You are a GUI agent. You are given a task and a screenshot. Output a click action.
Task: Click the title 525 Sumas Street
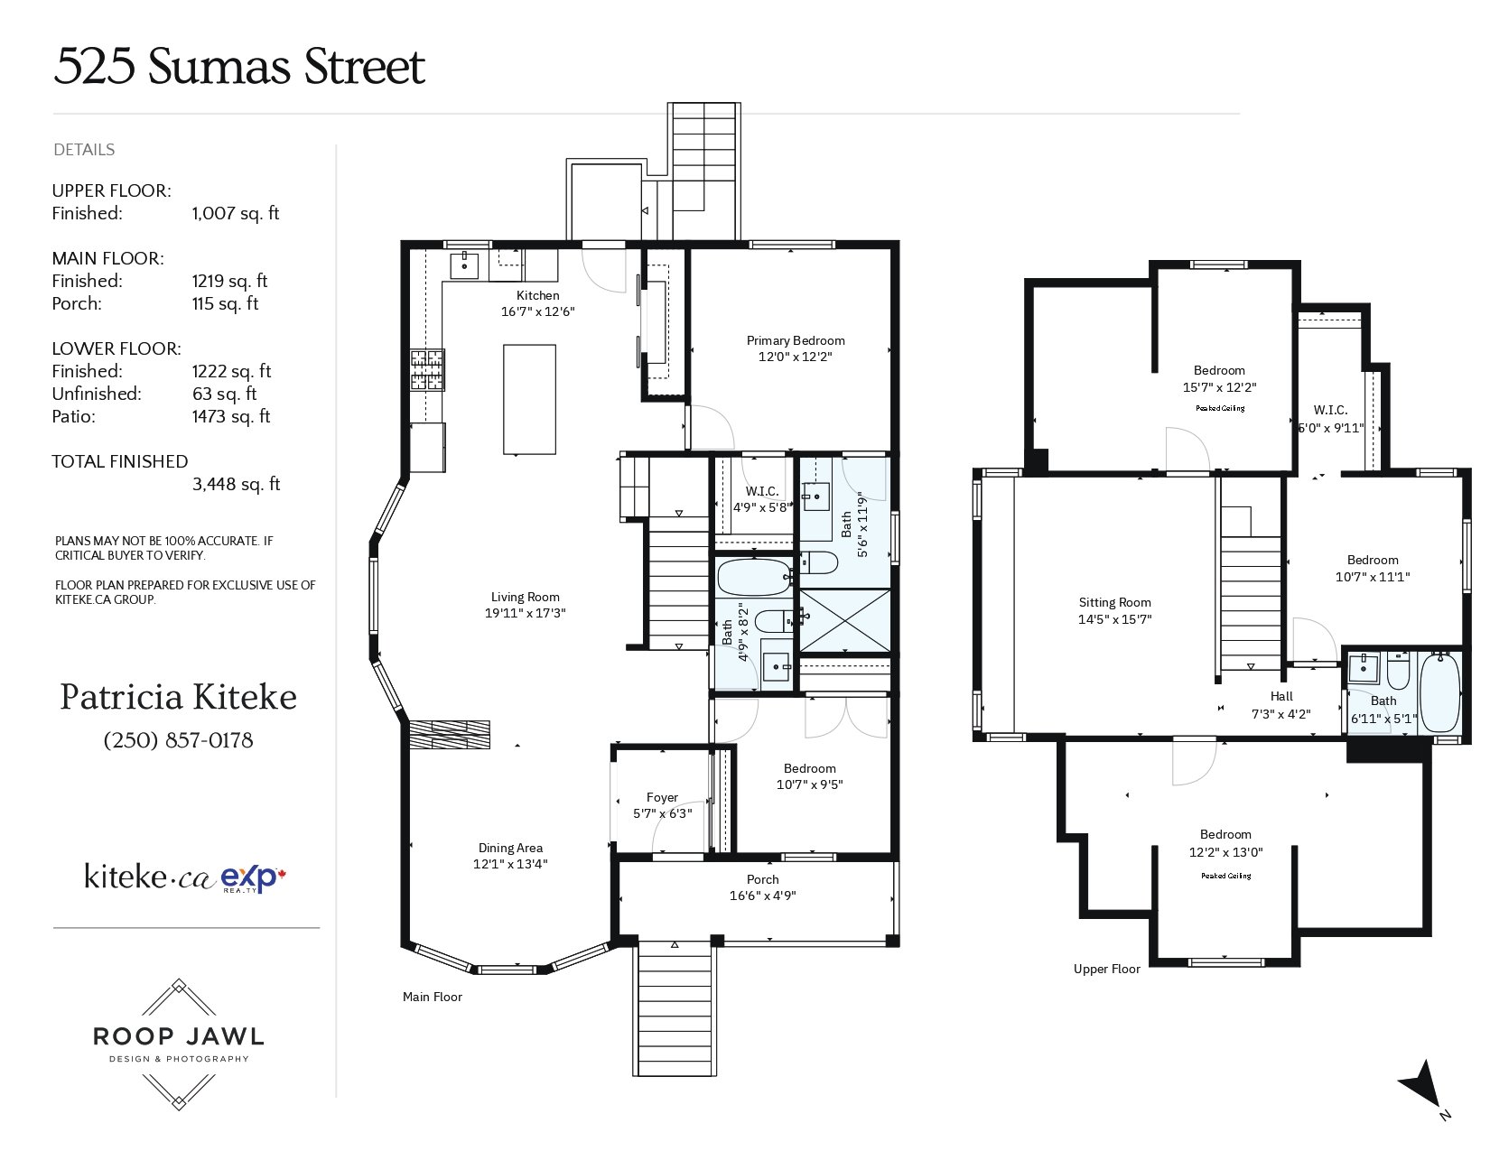pos(239,67)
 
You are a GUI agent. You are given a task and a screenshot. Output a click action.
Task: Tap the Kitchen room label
pos(537,295)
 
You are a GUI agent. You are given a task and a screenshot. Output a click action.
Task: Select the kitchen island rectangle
pos(528,399)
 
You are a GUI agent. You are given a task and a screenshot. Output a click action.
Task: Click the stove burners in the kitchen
pos(427,369)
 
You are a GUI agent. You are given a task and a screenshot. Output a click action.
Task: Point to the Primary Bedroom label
pos(796,340)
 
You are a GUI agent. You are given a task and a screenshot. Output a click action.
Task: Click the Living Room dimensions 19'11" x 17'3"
pos(525,613)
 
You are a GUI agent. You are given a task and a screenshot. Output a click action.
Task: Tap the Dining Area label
pos(510,848)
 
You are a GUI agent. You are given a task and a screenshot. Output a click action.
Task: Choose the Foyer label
pos(662,797)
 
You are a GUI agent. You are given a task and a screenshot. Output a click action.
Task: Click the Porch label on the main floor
pos(762,879)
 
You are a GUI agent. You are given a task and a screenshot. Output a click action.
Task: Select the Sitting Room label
pos(1114,602)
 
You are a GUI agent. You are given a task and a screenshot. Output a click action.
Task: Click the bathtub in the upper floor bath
pos(1439,693)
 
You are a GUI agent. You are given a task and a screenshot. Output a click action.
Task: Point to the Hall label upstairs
pos(1281,696)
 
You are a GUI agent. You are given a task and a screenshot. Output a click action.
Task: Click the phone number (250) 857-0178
pos(178,740)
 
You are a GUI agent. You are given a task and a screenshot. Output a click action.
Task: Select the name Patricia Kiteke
pos(178,697)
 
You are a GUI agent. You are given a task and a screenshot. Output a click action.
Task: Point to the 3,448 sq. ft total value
pos(236,484)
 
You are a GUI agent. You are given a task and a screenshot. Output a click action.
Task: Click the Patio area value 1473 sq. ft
pos(230,416)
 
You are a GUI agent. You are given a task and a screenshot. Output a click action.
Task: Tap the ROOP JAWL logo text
pos(178,1036)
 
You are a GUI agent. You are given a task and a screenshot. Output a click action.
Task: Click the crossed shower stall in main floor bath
pos(844,620)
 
